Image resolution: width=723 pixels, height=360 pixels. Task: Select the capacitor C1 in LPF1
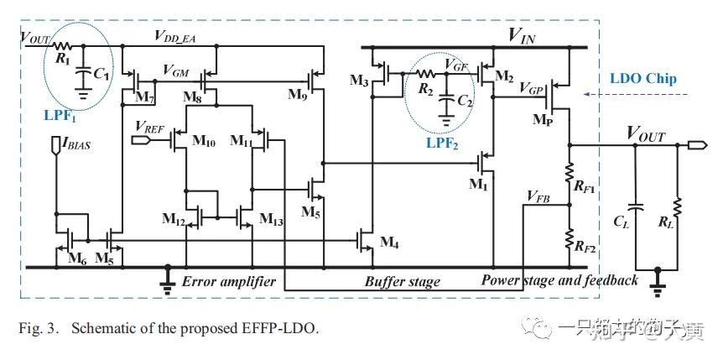[x=82, y=75]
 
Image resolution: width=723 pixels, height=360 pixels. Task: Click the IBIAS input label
[x=73, y=144]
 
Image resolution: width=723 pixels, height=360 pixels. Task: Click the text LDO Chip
[x=644, y=80]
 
